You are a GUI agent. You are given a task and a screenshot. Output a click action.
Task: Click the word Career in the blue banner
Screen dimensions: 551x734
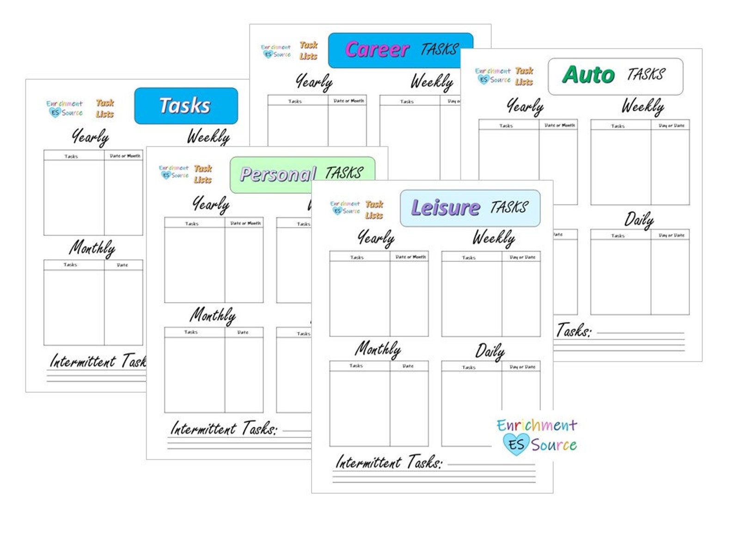tap(377, 50)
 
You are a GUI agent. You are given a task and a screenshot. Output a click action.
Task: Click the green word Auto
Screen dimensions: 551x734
tap(588, 75)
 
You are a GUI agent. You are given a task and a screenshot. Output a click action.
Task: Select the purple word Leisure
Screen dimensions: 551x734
tap(445, 208)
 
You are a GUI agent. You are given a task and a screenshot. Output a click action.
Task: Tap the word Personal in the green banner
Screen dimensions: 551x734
tap(277, 174)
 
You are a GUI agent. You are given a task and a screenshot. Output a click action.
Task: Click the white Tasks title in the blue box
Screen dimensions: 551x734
tap(185, 105)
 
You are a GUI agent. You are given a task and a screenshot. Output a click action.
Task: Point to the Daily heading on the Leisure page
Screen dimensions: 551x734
tap(489, 352)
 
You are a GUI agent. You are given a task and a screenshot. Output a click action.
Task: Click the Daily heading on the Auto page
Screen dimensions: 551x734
tap(639, 220)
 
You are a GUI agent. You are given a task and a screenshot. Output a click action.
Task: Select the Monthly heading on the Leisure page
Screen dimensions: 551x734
tap(378, 349)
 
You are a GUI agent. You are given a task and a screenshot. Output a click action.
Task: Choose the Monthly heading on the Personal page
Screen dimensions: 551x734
tap(213, 316)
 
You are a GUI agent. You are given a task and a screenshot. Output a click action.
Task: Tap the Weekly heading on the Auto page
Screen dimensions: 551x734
tap(642, 106)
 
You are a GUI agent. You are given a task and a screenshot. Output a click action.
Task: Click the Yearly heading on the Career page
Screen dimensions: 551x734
tap(314, 82)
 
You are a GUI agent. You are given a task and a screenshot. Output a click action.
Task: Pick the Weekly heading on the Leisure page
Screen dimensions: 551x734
tap(493, 238)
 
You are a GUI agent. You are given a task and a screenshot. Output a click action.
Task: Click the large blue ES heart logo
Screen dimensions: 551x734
tap(515, 445)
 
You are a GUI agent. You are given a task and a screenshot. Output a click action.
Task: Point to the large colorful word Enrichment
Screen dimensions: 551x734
tap(537, 425)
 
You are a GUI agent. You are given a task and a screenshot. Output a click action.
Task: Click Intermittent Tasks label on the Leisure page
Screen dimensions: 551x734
tap(388, 462)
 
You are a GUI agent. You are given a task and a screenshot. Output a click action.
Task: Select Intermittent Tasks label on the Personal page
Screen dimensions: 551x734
tap(224, 429)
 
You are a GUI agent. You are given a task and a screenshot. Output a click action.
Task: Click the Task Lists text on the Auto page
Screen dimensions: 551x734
tap(524, 76)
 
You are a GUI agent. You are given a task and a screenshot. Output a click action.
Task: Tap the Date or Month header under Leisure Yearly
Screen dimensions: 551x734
tap(410, 257)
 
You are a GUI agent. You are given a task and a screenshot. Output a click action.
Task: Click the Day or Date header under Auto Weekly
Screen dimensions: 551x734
tap(671, 125)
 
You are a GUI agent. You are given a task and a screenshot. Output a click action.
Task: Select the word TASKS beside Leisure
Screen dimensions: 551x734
tap(508, 207)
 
